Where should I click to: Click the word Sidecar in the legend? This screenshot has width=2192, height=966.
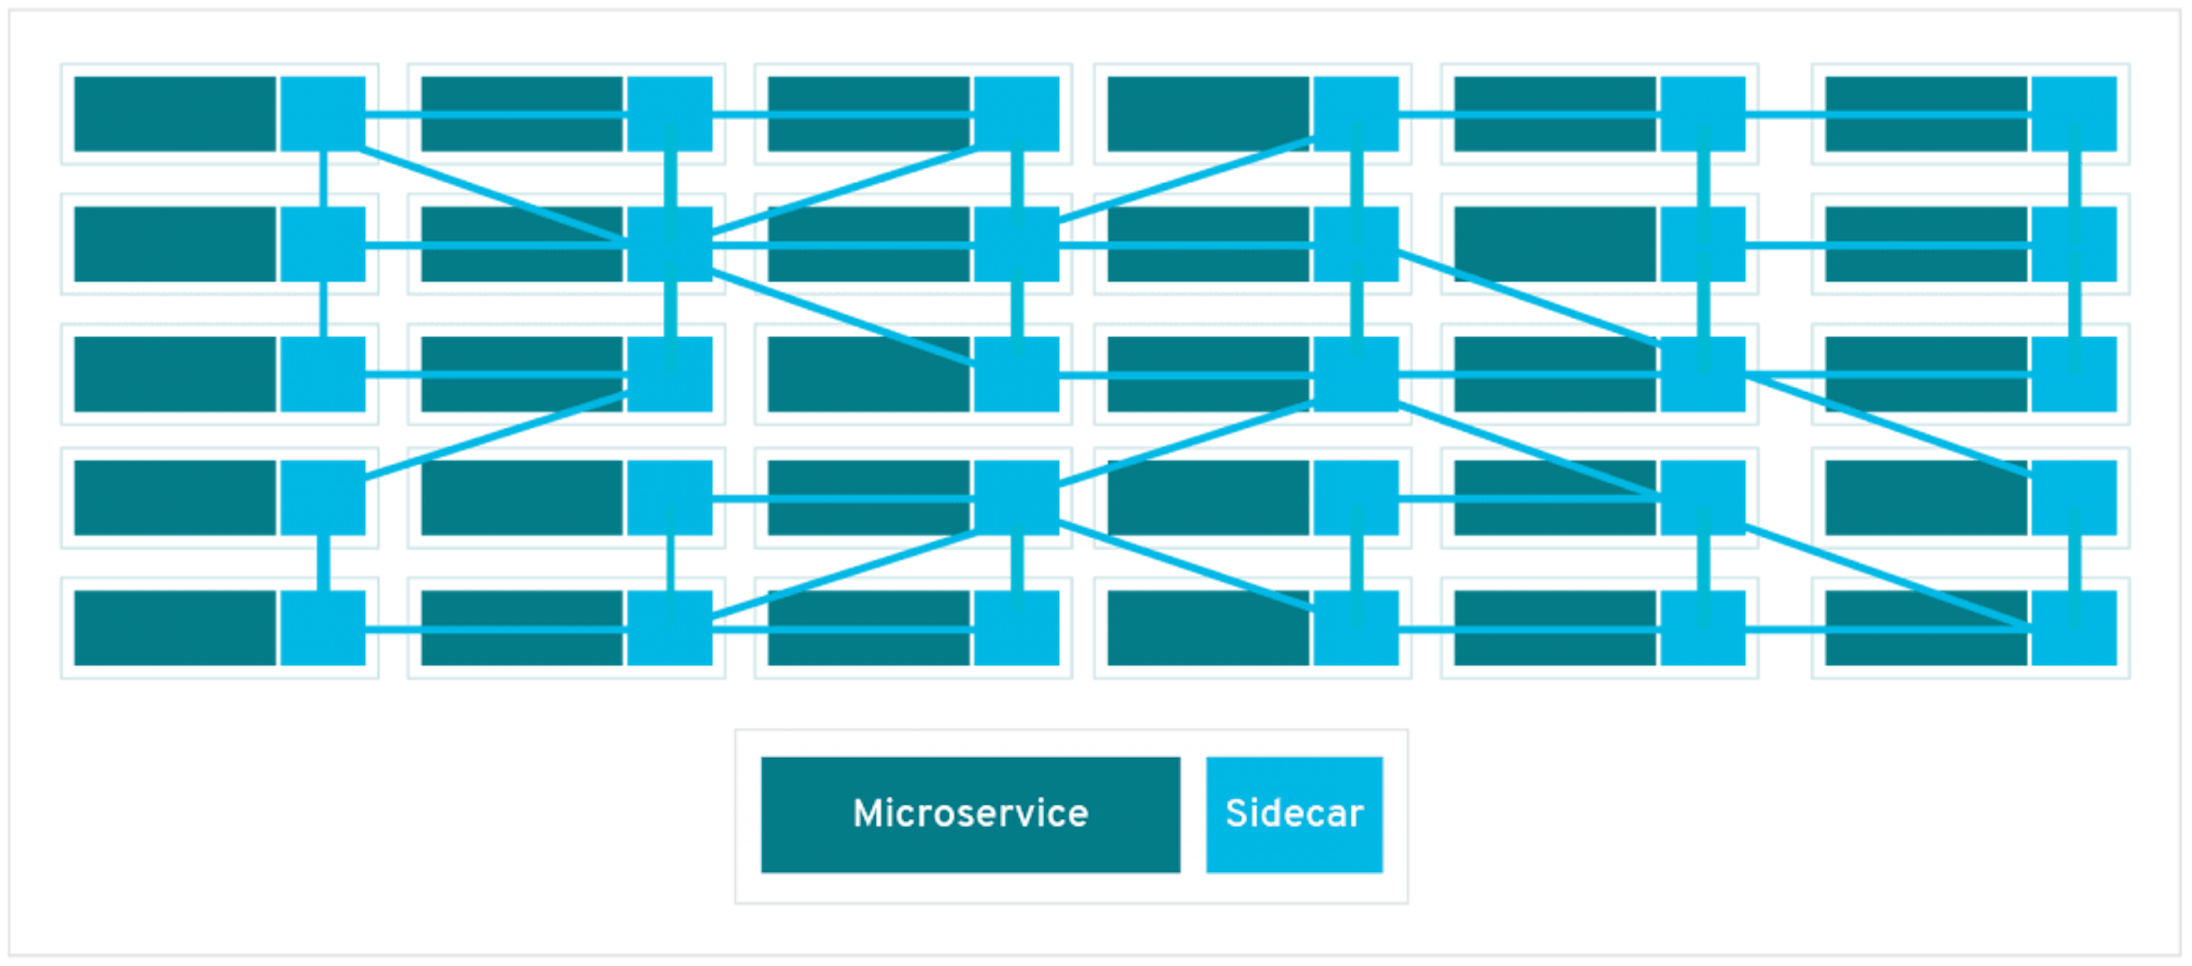click(x=1294, y=814)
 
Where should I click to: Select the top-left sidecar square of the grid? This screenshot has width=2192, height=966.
click(x=323, y=114)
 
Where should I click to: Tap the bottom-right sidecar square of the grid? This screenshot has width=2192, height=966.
click(x=2074, y=627)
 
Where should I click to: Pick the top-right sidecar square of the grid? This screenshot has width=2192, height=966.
click(x=2074, y=114)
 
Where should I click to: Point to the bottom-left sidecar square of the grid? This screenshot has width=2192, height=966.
click(x=323, y=627)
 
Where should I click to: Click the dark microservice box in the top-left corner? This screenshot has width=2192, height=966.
click(x=175, y=114)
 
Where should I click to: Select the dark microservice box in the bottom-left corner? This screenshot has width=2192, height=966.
click(x=175, y=627)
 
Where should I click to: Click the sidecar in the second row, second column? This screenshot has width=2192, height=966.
click(x=670, y=243)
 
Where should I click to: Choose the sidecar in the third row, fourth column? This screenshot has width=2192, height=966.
click(x=1356, y=375)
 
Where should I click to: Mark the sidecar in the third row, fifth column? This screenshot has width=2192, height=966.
click(x=1703, y=375)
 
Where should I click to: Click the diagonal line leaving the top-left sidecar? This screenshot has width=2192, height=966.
click(x=494, y=196)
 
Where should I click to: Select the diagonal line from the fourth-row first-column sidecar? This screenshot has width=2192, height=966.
click(x=494, y=437)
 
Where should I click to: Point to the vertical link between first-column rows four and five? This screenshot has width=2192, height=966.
click(x=323, y=562)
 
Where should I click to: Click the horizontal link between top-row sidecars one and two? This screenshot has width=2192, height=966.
click(x=496, y=114)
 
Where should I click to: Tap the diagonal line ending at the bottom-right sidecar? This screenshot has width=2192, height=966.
click(x=1889, y=579)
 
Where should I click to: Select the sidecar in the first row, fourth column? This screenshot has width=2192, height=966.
click(x=1356, y=114)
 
